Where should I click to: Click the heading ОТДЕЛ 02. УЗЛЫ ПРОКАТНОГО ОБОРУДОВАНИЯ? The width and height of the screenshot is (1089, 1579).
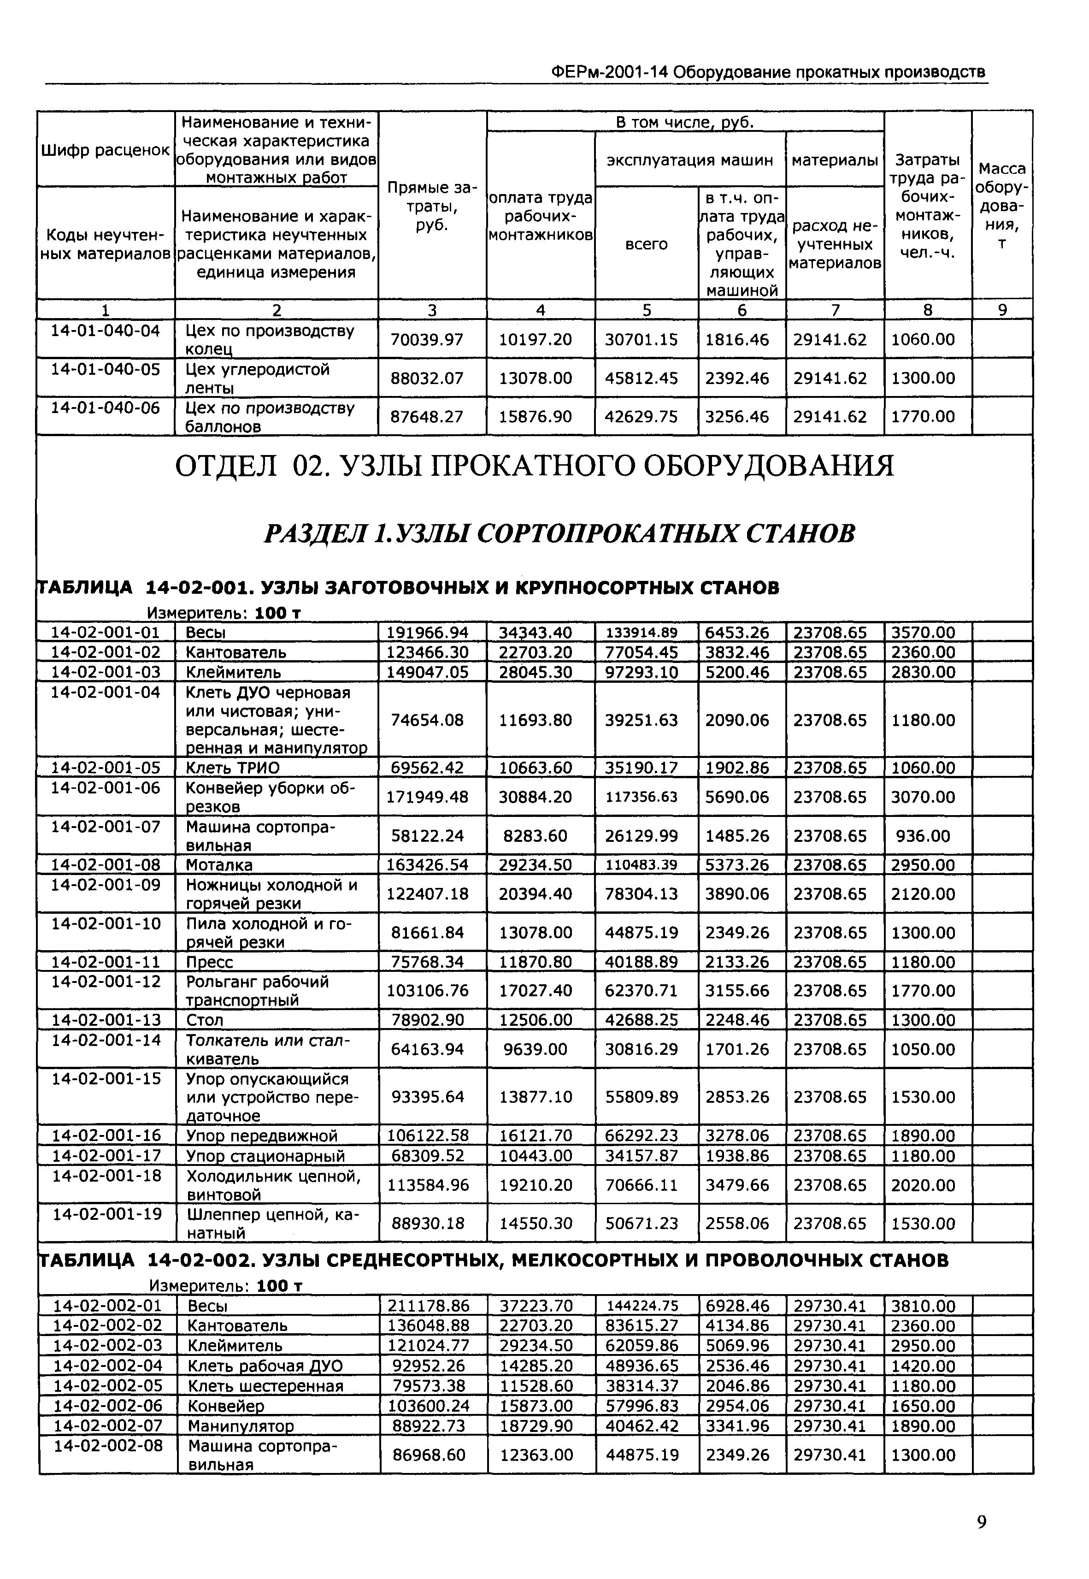point(534,467)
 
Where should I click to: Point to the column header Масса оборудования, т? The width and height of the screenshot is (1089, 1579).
point(1001,206)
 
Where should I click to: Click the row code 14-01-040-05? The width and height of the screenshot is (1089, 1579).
point(106,369)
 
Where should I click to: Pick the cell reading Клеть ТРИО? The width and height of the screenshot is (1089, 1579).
point(233,768)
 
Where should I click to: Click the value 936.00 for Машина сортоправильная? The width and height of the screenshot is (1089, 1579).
point(923,836)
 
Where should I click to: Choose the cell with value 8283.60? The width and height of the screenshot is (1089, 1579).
point(536,836)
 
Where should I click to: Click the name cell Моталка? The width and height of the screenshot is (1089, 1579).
point(219,865)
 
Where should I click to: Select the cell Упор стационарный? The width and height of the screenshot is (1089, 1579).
point(266,1156)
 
